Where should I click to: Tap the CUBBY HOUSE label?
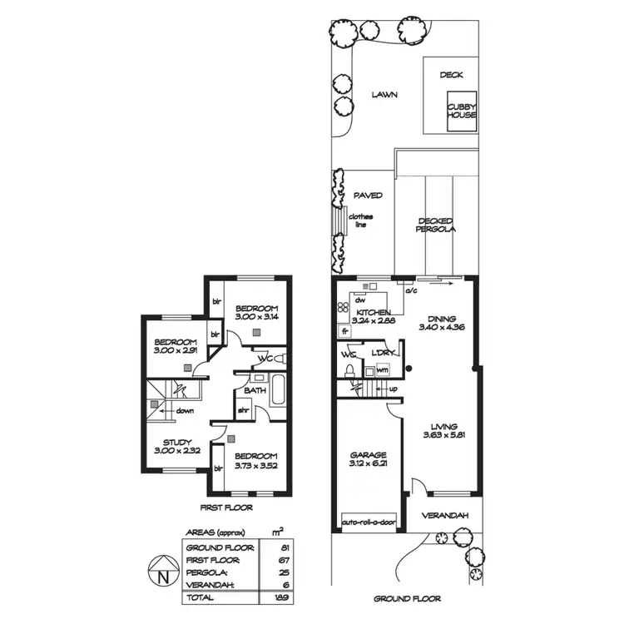tap(462, 111)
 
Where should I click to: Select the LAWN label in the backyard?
tap(384, 95)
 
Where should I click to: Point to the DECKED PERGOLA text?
tap(436, 225)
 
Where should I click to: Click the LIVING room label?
tap(440, 426)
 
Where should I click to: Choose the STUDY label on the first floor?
tap(177, 443)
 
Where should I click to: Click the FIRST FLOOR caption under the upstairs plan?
tap(226, 507)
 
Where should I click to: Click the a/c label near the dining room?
tap(409, 292)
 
